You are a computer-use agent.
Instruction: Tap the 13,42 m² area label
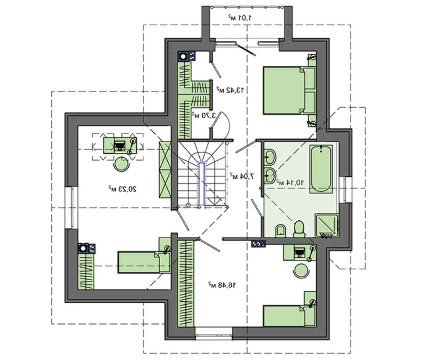click(x=230, y=90)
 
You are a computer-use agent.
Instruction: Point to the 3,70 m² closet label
click(x=203, y=116)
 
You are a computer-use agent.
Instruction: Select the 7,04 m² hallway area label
click(x=242, y=176)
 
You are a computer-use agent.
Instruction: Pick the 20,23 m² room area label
click(x=123, y=189)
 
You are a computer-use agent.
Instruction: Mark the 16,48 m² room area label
click(x=222, y=285)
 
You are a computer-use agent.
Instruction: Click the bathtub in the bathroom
click(x=321, y=169)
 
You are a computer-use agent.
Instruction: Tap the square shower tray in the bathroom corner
click(x=327, y=225)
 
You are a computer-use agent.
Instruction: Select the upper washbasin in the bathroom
click(x=270, y=155)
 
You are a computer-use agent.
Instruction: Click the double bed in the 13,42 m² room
click(x=289, y=90)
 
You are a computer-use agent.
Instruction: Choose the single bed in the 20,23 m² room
click(x=144, y=262)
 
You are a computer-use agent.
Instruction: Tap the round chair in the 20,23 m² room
click(x=121, y=164)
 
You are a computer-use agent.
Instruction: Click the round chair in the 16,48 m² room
click(x=301, y=270)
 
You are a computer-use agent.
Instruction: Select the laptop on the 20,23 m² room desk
click(x=119, y=145)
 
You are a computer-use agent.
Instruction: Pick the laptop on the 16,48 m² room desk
click(x=300, y=252)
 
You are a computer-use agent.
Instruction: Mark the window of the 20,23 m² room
click(x=70, y=208)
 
